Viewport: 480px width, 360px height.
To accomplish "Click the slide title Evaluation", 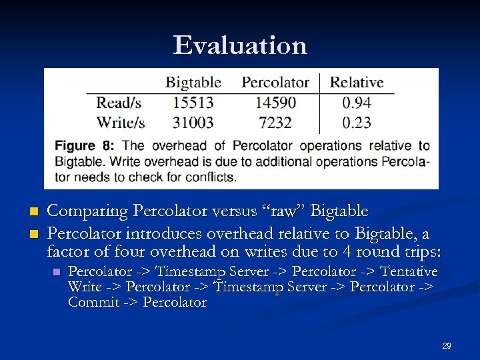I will pos(240,45).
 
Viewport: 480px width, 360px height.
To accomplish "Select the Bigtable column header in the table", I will pos(193,83).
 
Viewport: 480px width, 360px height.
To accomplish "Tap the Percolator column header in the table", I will pos(275,83).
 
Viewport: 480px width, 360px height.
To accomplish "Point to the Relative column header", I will pos(357,83).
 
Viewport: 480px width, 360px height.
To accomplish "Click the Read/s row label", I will pos(119,103).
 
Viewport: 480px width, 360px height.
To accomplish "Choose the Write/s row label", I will pos(121,122).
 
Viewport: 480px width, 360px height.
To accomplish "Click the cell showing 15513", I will pos(193,103).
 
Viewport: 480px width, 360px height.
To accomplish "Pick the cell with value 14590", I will pos(275,103).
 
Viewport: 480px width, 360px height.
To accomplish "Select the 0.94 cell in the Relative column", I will pos(357,103).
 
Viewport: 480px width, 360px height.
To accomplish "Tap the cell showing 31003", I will pos(193,122).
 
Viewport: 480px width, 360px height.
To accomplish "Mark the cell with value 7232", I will pos(275,122).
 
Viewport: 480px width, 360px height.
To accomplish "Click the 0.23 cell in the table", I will pos(357,122).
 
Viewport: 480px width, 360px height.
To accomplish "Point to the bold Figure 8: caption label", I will pos(85,145).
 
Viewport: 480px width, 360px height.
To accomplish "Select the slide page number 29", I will pos(447,346).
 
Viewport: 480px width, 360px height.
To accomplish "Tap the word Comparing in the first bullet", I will pos(87,211).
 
